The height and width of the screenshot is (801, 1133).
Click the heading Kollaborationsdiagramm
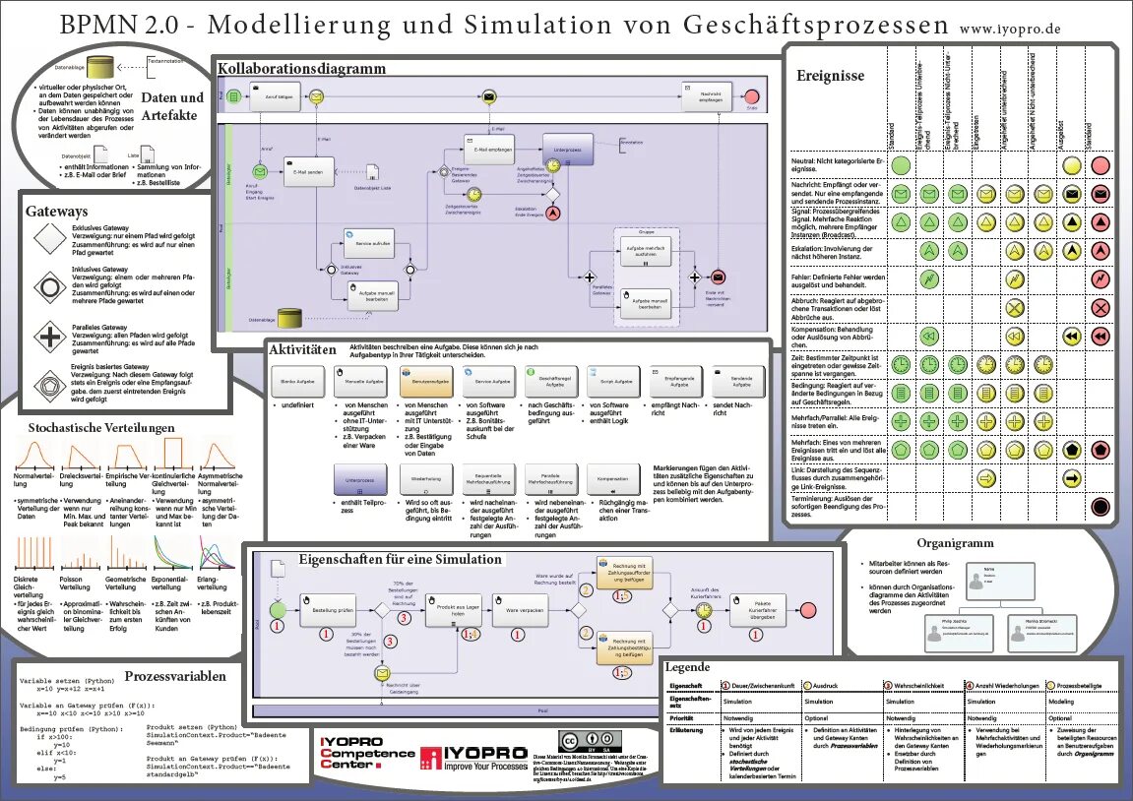pyautogui.click(x=301, y=69)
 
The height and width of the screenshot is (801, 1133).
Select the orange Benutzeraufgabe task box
pyautogui.click(x=426, y=381)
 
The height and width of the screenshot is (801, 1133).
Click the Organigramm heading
pyautogui.click(x=955, y=542)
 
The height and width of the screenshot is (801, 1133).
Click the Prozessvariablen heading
pyautogui.click(x=174, y=676)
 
